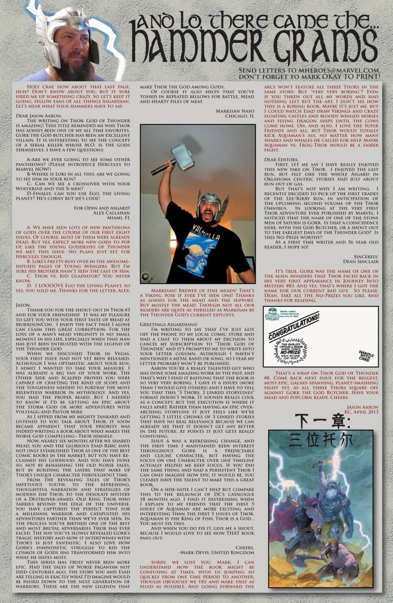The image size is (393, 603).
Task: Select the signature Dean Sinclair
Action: pos(360,261)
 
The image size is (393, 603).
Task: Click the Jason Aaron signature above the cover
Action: pos(362,407)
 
